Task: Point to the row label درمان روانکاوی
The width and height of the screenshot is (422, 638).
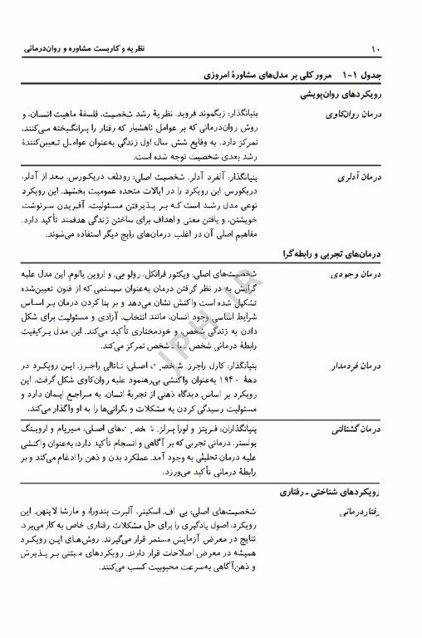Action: tap(358, 114)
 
